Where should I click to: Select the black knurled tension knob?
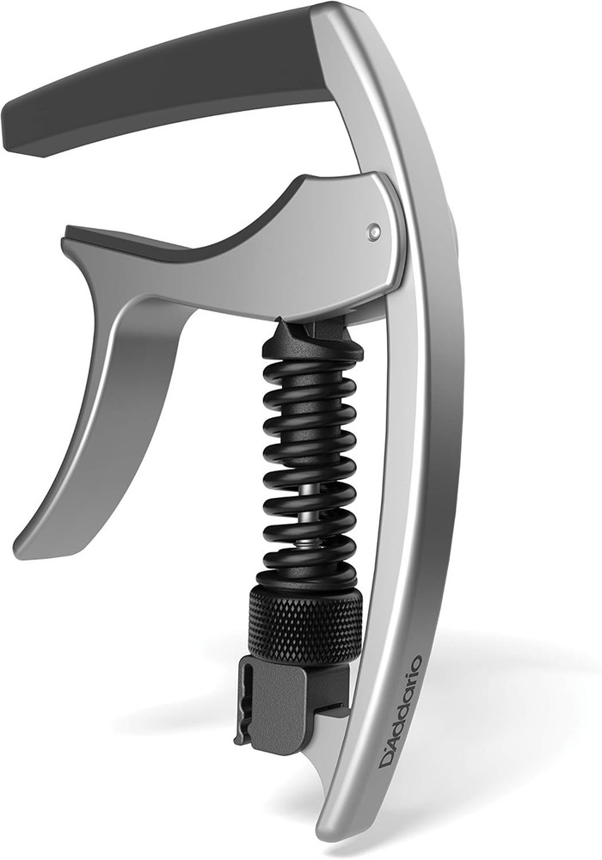305,623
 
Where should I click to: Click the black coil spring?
308,464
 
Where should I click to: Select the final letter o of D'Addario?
416,663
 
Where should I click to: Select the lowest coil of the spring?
305,574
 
